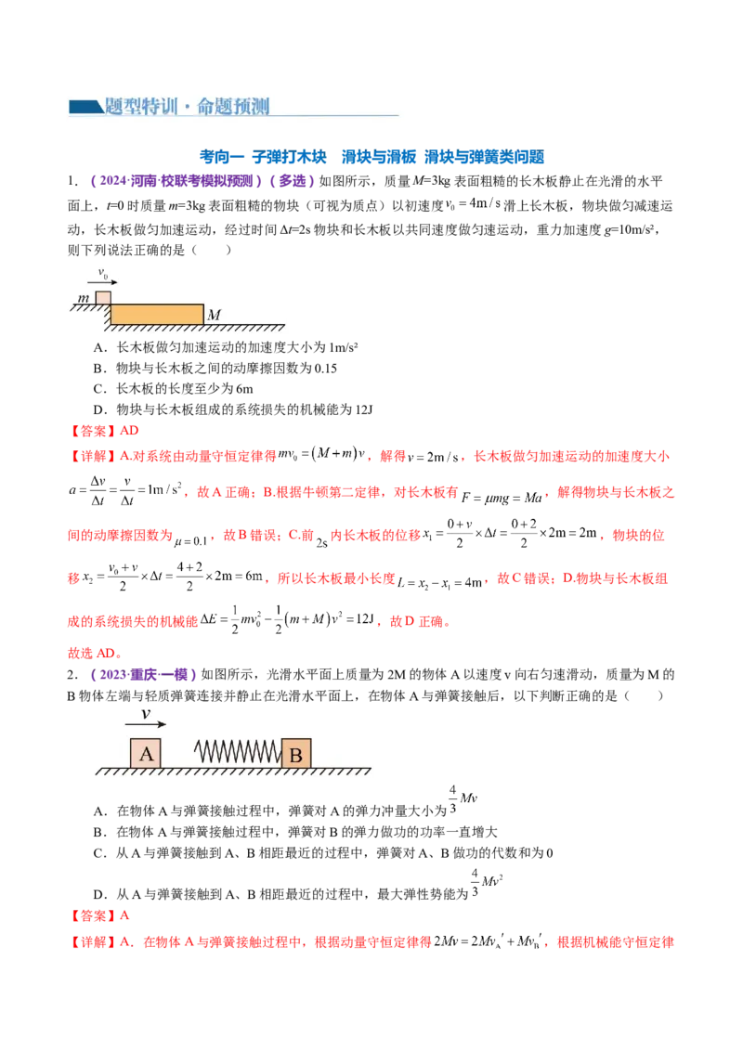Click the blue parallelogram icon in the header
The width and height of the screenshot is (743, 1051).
click(x=85, y=107)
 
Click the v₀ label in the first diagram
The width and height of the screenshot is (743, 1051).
click(x=104, y=273)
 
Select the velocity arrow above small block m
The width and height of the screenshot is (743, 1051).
click(x=110, y=281)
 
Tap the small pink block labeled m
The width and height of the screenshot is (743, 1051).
click(x=103, y=297)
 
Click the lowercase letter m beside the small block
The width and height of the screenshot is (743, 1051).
click(x=85, y=297)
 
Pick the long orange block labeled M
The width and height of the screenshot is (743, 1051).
click(x=156, y=313)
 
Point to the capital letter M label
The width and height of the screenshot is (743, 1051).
click(x=214, y=316)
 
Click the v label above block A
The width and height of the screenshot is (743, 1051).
click(x=145, y=714)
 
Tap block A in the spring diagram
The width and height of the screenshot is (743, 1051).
click(x=146, y=753)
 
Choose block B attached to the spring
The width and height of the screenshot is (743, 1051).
click(x=296, y=753)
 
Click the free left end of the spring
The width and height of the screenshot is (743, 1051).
click(x=196, y=753)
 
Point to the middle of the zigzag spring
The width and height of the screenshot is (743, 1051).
click(x=237, y=753)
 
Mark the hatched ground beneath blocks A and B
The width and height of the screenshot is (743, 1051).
click(x=232, y=772)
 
